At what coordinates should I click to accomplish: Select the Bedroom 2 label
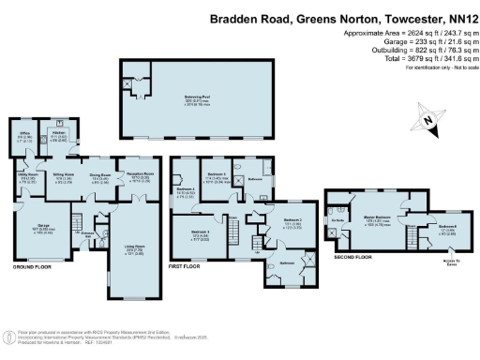(x=291, y=222)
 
